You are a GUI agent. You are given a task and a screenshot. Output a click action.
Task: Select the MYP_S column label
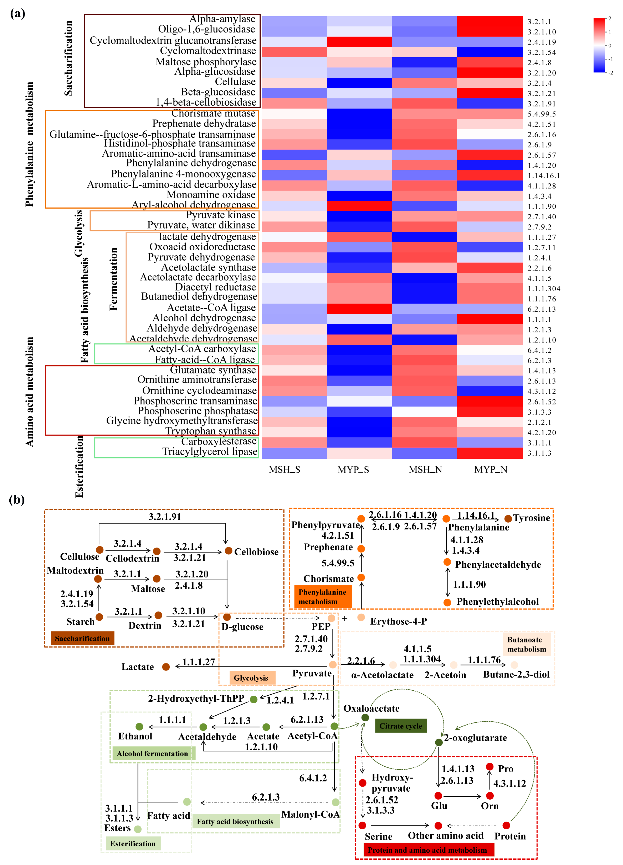353,469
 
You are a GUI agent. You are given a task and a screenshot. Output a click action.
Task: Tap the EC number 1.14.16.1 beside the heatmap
544,176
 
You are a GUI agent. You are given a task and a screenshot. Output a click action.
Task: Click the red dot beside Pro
490,767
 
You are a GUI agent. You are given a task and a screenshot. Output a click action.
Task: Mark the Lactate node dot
166,667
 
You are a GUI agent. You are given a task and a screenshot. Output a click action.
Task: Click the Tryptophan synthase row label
211,431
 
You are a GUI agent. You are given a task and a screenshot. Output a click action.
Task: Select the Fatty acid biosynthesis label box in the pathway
235,822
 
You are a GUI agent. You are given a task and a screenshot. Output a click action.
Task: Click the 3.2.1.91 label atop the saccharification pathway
165,517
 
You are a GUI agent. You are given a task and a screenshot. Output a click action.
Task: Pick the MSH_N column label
425,469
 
